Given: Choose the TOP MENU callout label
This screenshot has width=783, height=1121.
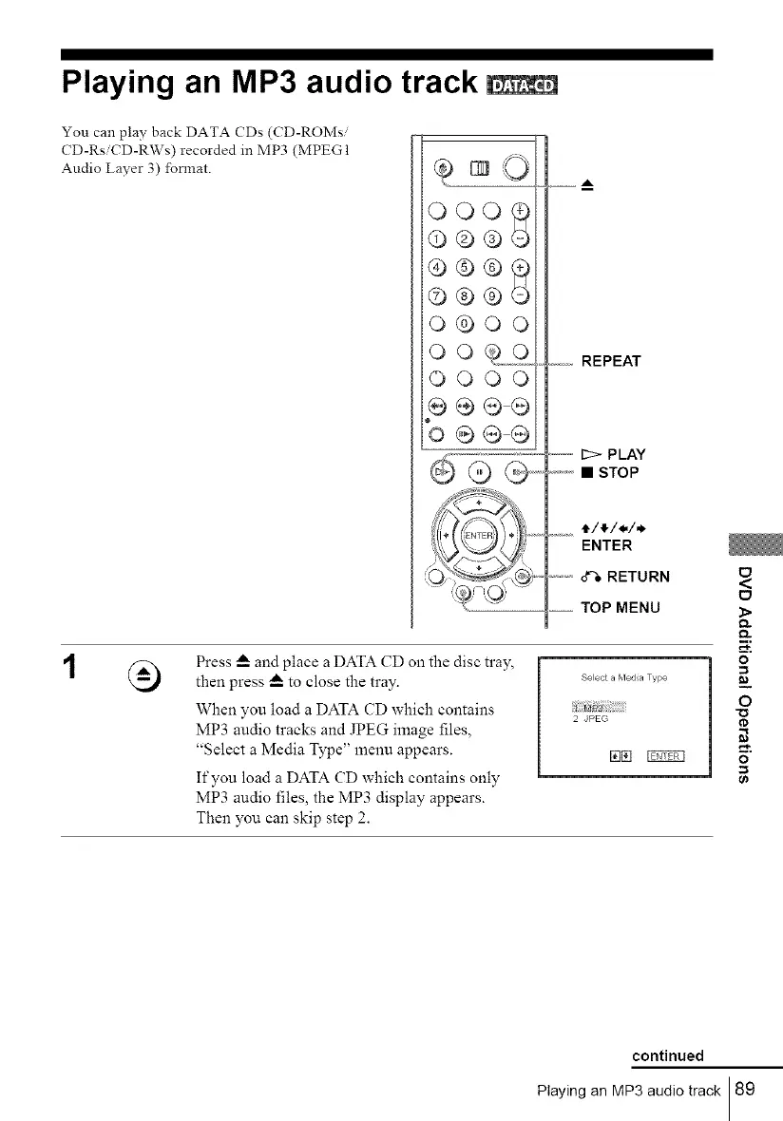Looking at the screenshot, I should click(x=622, y=606).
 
